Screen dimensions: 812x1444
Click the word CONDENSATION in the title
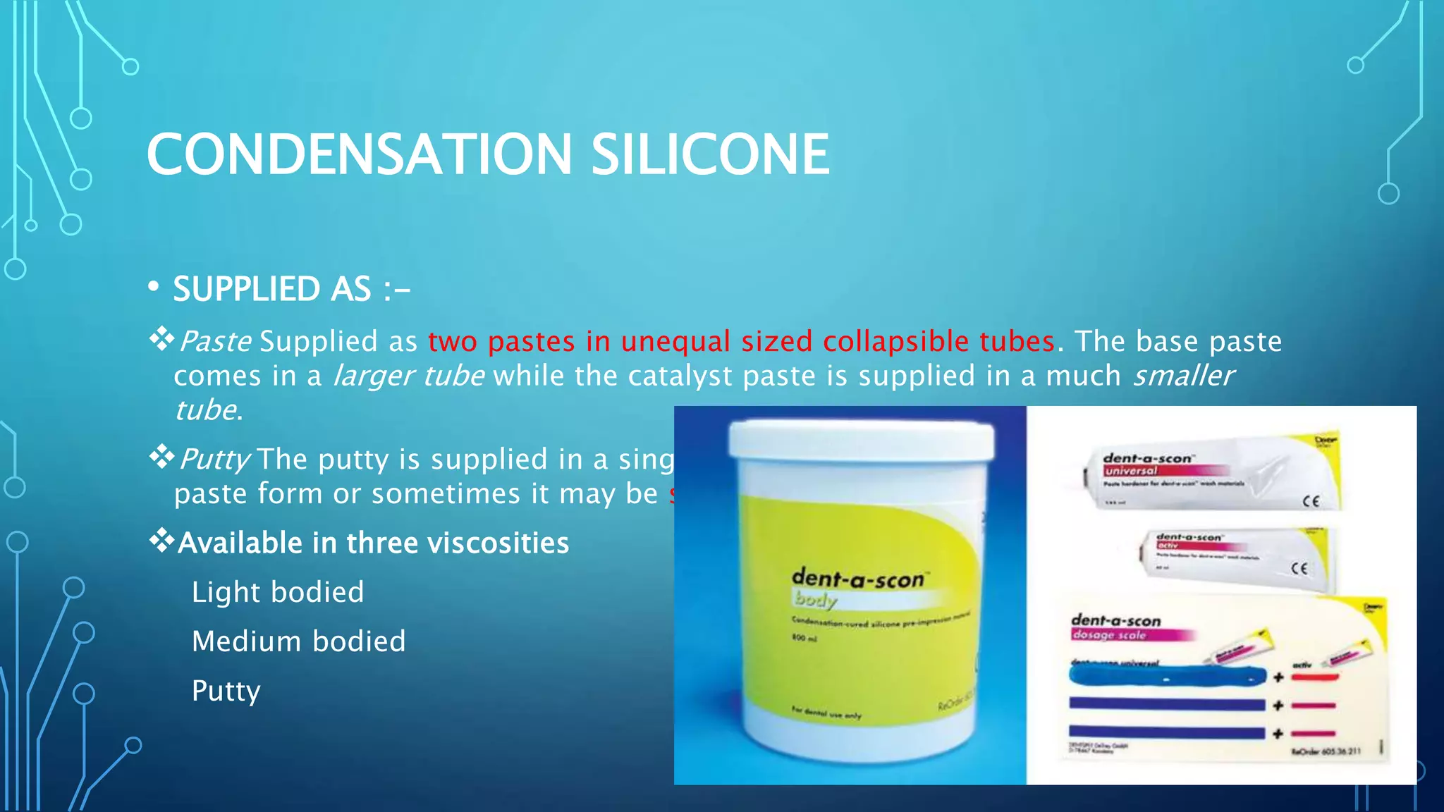[360, 154]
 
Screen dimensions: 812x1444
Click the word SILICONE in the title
[710, 154]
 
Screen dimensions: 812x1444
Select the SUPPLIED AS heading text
[291, 289]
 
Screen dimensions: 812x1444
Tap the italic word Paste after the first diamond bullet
[215, 341]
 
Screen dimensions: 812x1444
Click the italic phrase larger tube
[408, 376]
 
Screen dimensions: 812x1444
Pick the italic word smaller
[1183, 376]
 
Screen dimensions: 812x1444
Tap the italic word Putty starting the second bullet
[214, 460]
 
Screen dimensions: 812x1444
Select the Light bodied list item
[278, 592]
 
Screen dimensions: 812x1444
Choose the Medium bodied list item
[299, 641]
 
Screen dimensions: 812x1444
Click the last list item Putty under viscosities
[226, 691]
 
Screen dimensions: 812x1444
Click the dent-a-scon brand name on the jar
[857, 579]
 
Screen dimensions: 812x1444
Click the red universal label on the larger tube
[1131, 471]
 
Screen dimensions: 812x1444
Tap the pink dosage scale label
[1108, 634]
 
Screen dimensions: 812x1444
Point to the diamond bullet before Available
[161, 541]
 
